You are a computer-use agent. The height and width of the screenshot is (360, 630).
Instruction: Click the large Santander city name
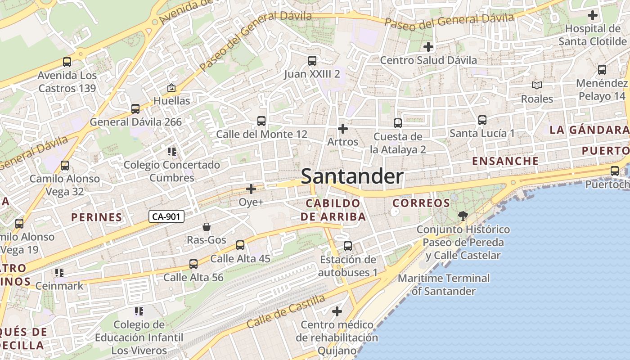pos(352,176)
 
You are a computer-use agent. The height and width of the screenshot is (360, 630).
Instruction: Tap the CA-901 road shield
pos(166,216)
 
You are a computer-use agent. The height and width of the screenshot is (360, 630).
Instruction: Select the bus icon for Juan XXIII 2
pos(312,60)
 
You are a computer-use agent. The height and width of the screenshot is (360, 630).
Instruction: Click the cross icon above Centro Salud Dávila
pos(428,46)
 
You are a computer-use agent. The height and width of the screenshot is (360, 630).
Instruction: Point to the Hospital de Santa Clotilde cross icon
pos(593,15)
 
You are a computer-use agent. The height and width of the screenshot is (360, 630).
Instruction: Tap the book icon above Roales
pos(537,85)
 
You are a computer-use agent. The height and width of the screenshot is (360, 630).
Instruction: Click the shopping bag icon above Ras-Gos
pos(207,226)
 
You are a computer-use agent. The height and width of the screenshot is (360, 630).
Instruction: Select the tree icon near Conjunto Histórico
pos(462,216)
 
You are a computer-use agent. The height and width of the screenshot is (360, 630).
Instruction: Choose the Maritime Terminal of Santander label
pos(443,284)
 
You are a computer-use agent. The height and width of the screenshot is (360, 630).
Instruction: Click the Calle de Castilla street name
pos(286,311)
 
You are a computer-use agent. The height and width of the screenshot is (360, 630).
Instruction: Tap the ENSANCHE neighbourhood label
pos(505,161)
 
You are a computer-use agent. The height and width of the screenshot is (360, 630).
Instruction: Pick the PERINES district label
pos(97,217)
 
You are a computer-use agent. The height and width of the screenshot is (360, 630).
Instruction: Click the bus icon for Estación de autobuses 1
pos(348,246)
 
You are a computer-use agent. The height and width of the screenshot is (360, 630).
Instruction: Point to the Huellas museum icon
pos(171,88)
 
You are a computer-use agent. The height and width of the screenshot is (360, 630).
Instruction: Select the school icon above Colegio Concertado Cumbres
pos(171,151)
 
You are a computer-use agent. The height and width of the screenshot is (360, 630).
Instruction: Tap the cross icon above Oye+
pos(251,189)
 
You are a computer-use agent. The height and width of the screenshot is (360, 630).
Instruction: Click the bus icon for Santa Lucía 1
pos(482,120)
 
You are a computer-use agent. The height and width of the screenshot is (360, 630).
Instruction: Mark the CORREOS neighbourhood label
pos(421,203)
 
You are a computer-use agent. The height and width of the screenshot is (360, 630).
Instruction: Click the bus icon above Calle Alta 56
pos(193,264)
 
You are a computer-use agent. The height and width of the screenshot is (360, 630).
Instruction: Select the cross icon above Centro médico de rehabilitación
pos(337,311)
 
